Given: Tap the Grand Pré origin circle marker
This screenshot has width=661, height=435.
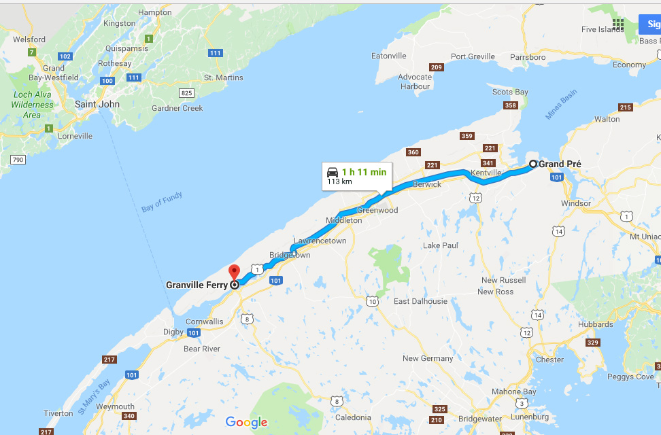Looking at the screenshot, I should (x=533, y=164).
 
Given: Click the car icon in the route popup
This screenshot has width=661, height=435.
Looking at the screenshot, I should (x=333, y=171).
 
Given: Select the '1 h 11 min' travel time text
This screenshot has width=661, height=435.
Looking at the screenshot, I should (x=364, y=172).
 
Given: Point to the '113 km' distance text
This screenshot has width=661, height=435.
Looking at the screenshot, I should (x=339, y=182).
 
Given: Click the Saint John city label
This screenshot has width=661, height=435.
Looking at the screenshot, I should (x=97, y=105).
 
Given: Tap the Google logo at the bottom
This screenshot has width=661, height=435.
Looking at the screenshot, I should (x=246, y=423).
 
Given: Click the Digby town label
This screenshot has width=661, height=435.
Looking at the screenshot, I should (x=173, y=332).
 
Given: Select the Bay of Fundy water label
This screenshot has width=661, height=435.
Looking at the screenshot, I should (x=162, y=203).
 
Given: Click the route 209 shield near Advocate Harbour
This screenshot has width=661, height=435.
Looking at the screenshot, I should (x=436, y=67).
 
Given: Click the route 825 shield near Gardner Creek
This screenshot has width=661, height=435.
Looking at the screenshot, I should (x=186, y=92).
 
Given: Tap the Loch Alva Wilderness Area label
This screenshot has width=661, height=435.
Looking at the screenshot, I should (x=32, y=105).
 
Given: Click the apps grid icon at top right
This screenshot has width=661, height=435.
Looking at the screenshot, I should (x=617, y=24).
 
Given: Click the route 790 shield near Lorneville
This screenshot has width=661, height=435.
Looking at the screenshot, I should (x=17, y=160).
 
